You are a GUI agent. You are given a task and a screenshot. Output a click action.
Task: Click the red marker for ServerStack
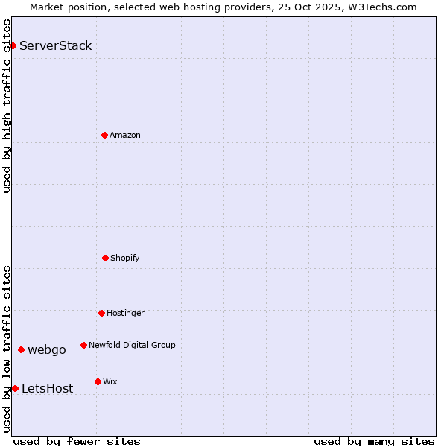[x=13, y=45]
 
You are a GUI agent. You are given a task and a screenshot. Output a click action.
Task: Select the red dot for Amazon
[x=104, y=135]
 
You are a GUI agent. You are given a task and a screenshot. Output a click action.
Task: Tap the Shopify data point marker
[x=105, y=258]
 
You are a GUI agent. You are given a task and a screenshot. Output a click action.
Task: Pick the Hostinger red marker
[x=101, y=313]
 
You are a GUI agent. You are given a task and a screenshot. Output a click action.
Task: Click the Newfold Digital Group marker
[x=83, y=345]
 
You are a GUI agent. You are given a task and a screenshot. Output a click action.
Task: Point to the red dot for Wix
[x=98, y=381]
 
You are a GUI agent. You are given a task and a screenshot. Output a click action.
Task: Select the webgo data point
[x=21, y=349]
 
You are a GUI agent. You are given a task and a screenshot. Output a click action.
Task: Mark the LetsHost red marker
[x=15, y=388]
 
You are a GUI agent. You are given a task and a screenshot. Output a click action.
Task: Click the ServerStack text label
[x=56, y=45]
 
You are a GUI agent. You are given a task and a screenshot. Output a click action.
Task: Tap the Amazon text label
[x=125, y=135]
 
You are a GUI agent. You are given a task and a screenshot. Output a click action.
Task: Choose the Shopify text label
[x=125, y=258]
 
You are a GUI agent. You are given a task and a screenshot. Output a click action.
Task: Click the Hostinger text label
[x=125, y=313]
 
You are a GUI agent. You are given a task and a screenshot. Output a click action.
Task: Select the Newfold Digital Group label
[x=132, y=345]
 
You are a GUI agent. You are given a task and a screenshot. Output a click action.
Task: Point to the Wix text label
[x=110, y=381]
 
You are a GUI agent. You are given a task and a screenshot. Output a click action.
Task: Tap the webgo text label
[x=47, y=349]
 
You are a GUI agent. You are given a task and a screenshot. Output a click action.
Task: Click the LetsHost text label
[x=48, y=388]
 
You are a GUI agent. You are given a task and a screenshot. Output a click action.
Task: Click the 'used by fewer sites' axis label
[x=77, y=441]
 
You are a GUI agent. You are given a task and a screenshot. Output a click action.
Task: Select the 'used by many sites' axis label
[x=374, y=441]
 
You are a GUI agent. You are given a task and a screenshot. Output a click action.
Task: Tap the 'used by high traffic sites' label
[x=7, y=106]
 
